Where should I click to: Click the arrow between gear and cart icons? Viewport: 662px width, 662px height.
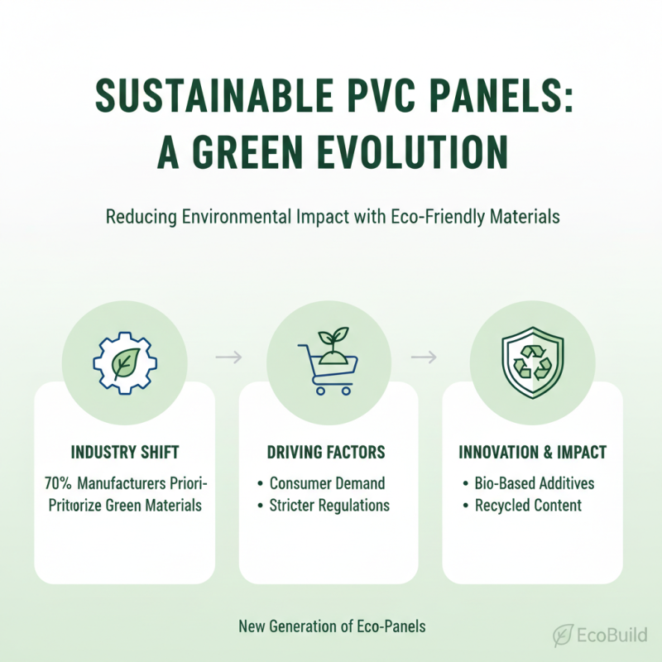pyautogui.click(x=227, y=357)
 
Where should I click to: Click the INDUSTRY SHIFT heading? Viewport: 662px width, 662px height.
pyautogui.click(x=125, y=453)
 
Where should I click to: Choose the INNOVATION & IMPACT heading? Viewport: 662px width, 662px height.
pyautogui.click(x=533, y=453)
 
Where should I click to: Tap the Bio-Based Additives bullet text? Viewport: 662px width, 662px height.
pyautogui.click(x=535, y=483)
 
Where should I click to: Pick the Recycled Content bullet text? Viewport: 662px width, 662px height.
pyautogui.click(x=528, y=505)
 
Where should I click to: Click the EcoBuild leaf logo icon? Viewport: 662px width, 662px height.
pyautogui.click(x=564, y=635)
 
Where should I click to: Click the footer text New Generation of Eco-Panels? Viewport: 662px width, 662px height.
pyautogui.click(x=332, y=626)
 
